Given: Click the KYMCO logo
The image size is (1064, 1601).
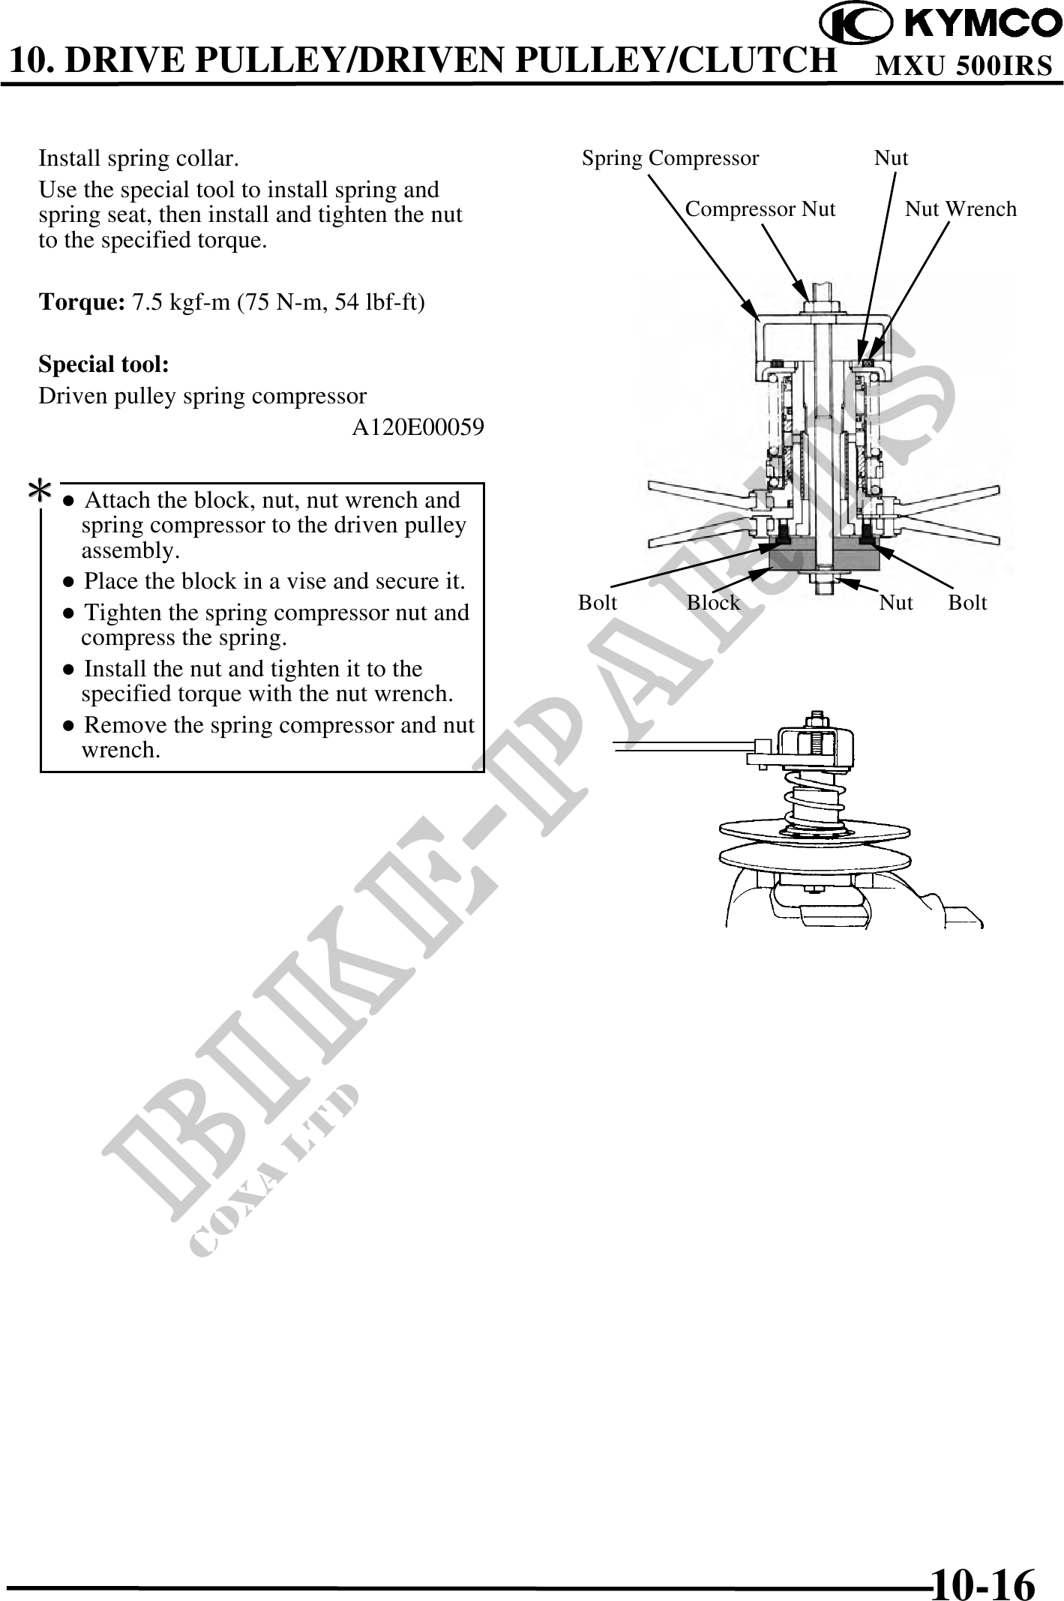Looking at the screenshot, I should click(940, 24).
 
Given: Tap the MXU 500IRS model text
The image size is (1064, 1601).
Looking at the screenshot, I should click(964, 67).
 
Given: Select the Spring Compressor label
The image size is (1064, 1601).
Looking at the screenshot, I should click(670, 158).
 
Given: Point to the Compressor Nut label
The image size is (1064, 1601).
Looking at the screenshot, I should click(760, 208).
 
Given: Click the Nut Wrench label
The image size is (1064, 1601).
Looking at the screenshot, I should click(961, 208).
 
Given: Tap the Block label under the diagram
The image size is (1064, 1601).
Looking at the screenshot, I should click(713, 603).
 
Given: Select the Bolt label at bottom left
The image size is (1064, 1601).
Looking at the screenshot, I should click(598, 603).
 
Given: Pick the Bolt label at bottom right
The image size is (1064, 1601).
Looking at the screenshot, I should click(967, 603).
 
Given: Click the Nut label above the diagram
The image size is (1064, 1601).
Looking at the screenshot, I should click(891, 158).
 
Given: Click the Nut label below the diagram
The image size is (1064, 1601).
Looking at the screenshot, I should click(896, 603).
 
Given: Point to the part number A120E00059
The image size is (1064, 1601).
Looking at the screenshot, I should click(418, 427).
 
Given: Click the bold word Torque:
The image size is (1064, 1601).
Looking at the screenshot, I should click(82, 303).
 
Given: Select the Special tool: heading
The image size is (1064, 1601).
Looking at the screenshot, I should click(103, 365).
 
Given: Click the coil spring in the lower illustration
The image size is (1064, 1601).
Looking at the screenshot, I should click(814, 798).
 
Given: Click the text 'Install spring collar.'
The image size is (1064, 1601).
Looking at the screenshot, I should click(139, 159).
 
